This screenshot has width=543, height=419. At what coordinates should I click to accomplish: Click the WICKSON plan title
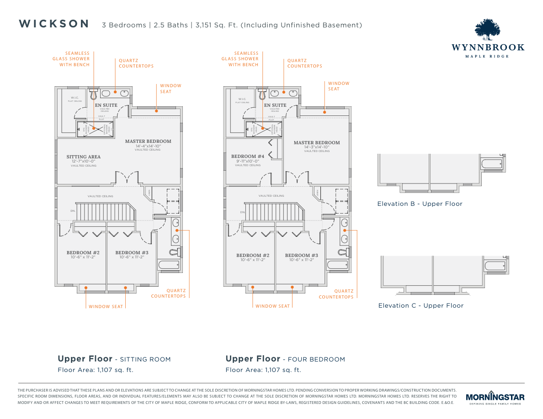[x=54, y=24]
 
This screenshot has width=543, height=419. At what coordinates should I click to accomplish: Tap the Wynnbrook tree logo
[x=488, y=30]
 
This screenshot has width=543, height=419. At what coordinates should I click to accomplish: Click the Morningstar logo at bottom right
[x=495, y=398]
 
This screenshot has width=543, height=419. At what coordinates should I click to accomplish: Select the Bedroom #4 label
[x=248, y=156]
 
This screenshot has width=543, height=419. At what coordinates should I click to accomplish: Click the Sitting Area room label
[x=83, y=157]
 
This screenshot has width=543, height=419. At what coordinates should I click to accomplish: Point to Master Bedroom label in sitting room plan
[x=148, y=141]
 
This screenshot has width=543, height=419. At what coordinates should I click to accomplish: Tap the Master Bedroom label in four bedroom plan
[x=317, y=143]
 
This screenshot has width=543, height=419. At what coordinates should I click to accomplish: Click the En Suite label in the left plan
[x=106, y=105]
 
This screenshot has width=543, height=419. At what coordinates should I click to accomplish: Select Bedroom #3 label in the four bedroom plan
[x=301, y=256]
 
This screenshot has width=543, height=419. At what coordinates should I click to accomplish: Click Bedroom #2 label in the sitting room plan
[x=83, y=253]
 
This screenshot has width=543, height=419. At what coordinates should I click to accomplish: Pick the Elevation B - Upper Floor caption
[x=420, y=204]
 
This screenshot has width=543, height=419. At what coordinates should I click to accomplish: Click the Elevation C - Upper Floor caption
[x=421, y=306]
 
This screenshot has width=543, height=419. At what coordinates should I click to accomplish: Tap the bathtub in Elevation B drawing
[x=492, y=163]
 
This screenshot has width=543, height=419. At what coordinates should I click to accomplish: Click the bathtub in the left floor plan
[x=168, y=264]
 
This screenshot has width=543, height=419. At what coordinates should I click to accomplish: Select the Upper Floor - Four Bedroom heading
[x=285, y=359]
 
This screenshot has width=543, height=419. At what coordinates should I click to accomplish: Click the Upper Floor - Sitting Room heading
[x=114, y=359]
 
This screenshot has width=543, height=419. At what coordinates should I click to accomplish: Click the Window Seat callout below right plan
[x=272, y=306]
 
